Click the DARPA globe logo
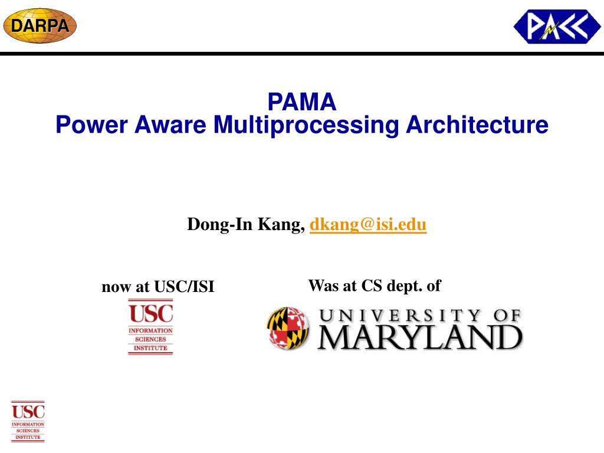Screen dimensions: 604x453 tap(40, 25)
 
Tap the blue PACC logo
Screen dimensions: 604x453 tap(557, 26)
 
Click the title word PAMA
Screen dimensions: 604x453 tap(302, 101)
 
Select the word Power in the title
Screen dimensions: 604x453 tap(91, 124)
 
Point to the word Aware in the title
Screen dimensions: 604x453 tap(170, 124)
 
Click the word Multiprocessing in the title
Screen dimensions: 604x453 tap(306, 126)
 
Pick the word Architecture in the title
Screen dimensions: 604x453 tap(477, 124)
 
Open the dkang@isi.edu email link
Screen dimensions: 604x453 tap(368, 225)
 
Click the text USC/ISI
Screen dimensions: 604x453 tap(184, 287)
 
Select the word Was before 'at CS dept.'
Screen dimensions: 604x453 tap(323, 285)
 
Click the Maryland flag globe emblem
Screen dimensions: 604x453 tap(288, 328)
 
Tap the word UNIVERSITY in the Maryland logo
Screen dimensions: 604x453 tap(401, 316)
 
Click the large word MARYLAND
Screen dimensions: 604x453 tap(420, 338)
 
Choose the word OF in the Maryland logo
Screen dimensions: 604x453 tap(507, 316)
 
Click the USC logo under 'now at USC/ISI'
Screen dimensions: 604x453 tap(150, 327)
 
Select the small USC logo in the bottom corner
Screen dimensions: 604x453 tap(28, 421)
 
